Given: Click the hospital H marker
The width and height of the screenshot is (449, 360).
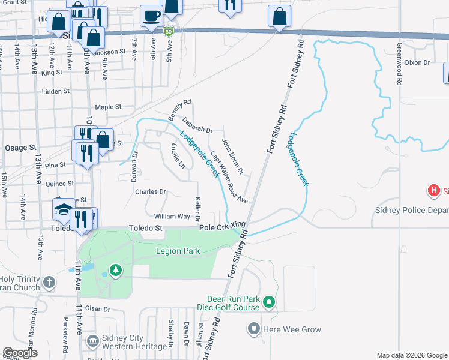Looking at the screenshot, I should point(433,192).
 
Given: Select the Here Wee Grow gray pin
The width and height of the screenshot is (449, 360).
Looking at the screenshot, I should point(253,329).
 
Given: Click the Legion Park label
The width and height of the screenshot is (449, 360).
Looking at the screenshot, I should point(178,251).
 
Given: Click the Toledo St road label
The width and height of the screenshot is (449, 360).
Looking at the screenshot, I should point(146,229).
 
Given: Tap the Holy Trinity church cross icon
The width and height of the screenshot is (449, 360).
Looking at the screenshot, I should point(49,281).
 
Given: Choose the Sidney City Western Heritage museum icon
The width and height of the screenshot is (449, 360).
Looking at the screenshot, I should point(92,341).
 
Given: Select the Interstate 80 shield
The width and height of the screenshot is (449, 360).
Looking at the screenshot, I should point(169,30).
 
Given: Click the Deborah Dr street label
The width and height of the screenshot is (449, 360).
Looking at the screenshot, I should point(198,125).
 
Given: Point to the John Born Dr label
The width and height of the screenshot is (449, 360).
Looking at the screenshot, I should point(232,157).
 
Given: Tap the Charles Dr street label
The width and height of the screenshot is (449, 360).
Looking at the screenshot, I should point(150,192).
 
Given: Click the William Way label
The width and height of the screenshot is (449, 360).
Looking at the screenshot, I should point(172,216).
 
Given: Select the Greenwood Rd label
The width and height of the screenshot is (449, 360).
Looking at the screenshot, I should point(399,65).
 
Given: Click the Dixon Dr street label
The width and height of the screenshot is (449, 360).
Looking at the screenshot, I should point(417,62).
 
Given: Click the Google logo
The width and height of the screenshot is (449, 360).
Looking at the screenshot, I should point(20,353).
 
